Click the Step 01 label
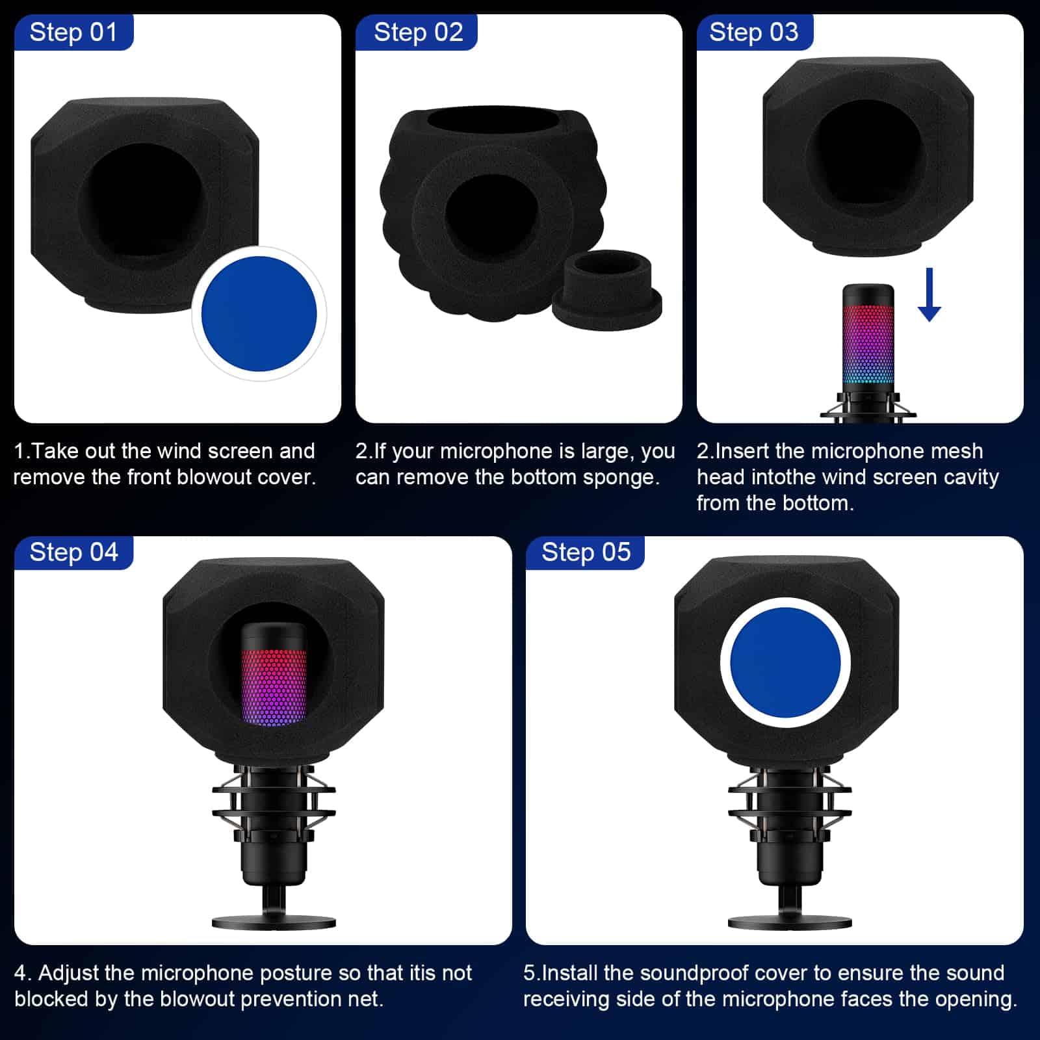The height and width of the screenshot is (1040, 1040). (x=73, y=32)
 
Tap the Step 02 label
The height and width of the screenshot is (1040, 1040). (x=418, y=32)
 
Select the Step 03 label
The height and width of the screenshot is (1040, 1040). (x=753, y=32)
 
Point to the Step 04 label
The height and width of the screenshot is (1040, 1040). (x=73, y=552)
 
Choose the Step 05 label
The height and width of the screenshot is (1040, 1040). (x=586, y=552)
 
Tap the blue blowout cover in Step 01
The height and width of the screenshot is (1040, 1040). (x=259, y=314)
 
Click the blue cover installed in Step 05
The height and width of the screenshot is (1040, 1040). (x=785, y=662)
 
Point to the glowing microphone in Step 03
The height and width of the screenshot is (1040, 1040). (x=868, y=352)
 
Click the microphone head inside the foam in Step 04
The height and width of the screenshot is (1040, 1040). (x=274, y=673)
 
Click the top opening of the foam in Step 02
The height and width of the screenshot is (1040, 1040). (x=493, y=121)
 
